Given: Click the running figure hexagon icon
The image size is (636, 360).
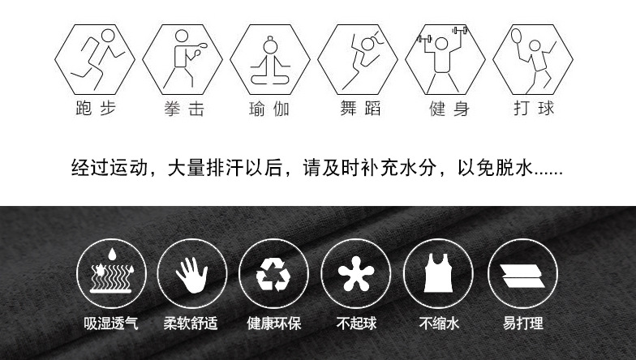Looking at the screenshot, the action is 95,59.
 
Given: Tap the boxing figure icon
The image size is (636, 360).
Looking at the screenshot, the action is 183,59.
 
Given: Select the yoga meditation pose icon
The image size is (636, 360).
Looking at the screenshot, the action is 270,59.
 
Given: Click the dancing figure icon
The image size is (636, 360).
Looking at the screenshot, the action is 358,59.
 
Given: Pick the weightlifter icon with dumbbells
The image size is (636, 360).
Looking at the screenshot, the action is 445,59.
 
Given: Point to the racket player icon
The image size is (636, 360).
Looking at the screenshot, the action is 533,59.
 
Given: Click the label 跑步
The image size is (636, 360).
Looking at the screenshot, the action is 96,109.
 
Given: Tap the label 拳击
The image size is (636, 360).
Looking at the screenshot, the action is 184,109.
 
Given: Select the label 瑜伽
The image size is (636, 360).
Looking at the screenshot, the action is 269,109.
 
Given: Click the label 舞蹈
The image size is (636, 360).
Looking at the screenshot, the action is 360,109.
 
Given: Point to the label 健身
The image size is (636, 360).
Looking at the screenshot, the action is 449,109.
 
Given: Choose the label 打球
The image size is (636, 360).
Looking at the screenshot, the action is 534,109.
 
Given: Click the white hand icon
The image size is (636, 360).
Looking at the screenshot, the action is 192,274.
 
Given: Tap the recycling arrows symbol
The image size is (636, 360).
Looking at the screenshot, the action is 273,275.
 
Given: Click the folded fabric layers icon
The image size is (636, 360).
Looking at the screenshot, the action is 522,276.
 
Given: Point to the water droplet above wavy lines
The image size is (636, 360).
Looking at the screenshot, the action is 112,255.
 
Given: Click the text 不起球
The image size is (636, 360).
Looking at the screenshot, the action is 357,323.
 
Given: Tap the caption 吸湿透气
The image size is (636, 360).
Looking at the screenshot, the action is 110,323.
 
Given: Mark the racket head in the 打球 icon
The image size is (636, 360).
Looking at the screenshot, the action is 516,36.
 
